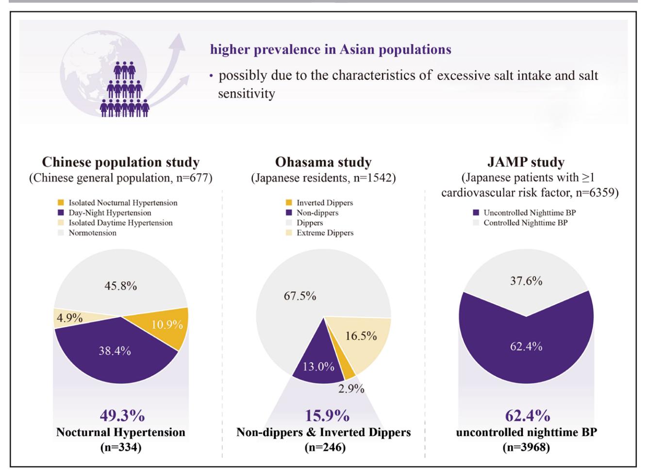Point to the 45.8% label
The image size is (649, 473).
pos(120,286)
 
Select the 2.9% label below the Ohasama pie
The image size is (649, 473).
pos(351,389)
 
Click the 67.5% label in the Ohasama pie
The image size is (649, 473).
pos(300,296)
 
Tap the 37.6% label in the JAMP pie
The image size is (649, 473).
pos(526,281)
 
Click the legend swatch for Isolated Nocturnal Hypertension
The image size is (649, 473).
pos(61,203)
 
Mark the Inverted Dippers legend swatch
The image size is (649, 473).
pos(289,203)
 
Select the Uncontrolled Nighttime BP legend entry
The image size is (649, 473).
pos(524,213)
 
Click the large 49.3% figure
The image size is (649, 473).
pos(122,416)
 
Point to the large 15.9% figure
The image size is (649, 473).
pos(327,416)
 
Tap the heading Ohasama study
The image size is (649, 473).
pos(323,162)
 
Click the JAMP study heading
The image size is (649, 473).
pos(526,162)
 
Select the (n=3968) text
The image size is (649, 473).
pos(527,447)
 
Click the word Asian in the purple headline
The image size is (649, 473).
pos(357,49)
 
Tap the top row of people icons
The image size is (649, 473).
pos(125,70)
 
